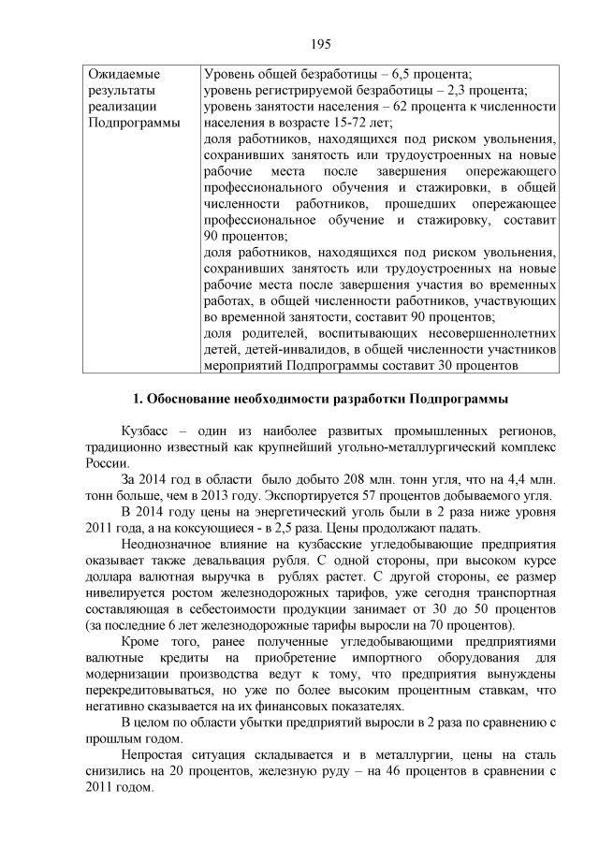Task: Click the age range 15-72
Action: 350,124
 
